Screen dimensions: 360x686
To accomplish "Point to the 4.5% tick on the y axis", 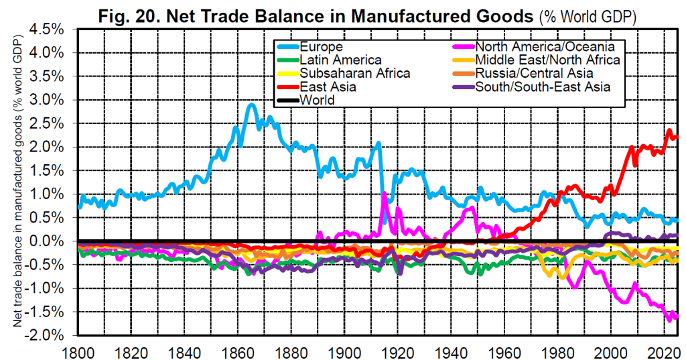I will pyautogui.click(x=50, y=29).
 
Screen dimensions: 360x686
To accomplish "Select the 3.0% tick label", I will pyautogui.click(x=50, y=100).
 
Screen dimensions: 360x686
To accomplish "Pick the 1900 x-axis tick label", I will pyautogui.click(x=345, y=351).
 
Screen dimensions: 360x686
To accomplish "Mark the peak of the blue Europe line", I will pyautogui.click(x=251, y=105).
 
